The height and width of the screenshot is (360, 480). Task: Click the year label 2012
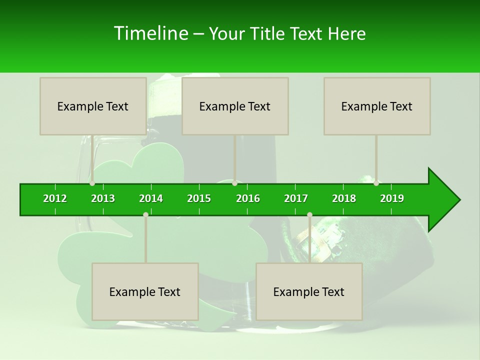point(55,198)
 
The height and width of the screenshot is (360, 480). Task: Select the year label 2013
point(103,198)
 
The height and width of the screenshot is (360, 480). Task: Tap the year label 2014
point(151,198)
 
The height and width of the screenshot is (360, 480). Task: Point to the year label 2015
point(199,198)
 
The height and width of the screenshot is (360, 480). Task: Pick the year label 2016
point(248,198)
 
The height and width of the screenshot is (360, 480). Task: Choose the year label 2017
point(296,198)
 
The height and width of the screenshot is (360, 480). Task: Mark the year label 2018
point(344,198)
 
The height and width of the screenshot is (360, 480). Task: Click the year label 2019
point(392,198)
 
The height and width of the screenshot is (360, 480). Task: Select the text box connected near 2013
point(93,106)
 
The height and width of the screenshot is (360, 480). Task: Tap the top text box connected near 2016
point(235,106)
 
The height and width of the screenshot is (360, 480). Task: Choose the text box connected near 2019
point(377,106)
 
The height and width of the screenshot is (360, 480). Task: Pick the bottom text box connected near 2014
point(145,291)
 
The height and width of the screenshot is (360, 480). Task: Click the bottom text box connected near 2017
point(309,291)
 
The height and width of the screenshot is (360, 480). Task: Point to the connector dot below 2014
point(145,214)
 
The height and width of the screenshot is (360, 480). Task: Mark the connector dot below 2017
point(309,214)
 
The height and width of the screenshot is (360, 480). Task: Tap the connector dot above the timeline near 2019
point(376,183)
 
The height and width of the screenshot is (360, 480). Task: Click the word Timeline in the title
point(150,33)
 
